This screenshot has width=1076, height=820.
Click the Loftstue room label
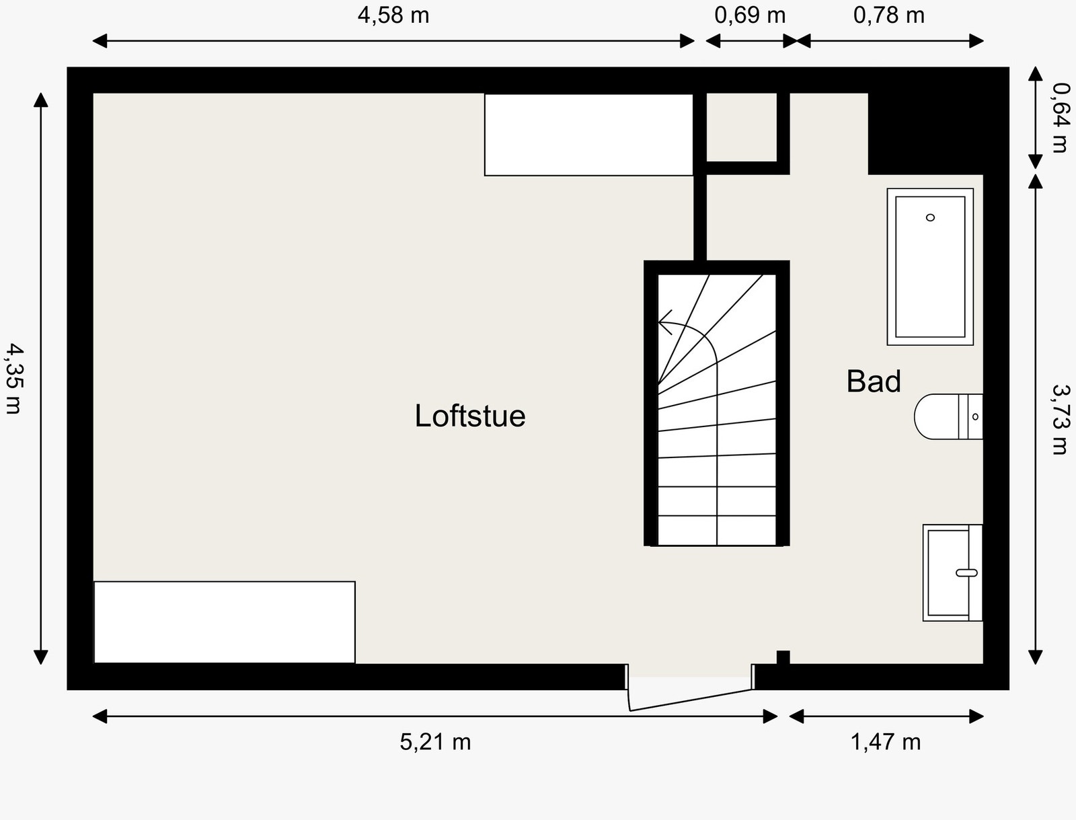(x=469, y=416)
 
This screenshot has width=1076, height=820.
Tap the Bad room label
(x=873, y=381)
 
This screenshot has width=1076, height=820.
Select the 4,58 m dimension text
(x=393, y=15)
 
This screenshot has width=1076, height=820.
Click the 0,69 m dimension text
(x=749, y=15)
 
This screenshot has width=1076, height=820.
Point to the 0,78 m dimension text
(x=888, y=15)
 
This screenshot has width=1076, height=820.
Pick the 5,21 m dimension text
(x=435, y=742)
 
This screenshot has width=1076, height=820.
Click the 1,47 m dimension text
(x=885, y=742)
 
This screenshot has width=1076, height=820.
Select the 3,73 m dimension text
(x=1060, y=418)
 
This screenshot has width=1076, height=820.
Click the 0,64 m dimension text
(x=1060, y=117)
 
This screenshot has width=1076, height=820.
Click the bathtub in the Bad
(x=930, y=267)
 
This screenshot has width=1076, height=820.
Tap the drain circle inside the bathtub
(x=930, y=217)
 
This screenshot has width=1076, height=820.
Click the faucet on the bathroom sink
(x=966, y=572)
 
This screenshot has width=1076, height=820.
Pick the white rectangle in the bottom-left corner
(x=224, y=622)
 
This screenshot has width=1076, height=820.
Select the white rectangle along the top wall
(x=588, y=135)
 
